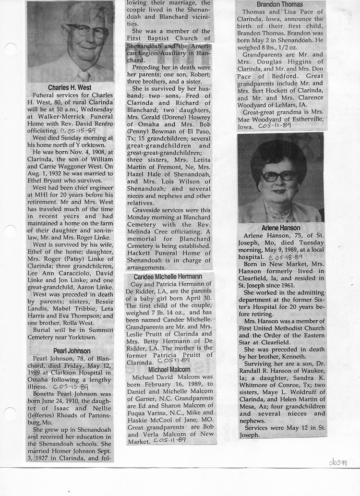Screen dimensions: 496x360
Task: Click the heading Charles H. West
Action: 70,88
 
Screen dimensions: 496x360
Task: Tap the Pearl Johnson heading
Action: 70,351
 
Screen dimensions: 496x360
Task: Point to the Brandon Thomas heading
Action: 280,4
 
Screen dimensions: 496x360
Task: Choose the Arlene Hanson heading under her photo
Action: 281,228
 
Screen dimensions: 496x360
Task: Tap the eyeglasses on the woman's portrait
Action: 278,176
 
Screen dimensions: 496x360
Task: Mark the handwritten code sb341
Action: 338,462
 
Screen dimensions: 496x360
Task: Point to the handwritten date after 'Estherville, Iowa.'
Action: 274,126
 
